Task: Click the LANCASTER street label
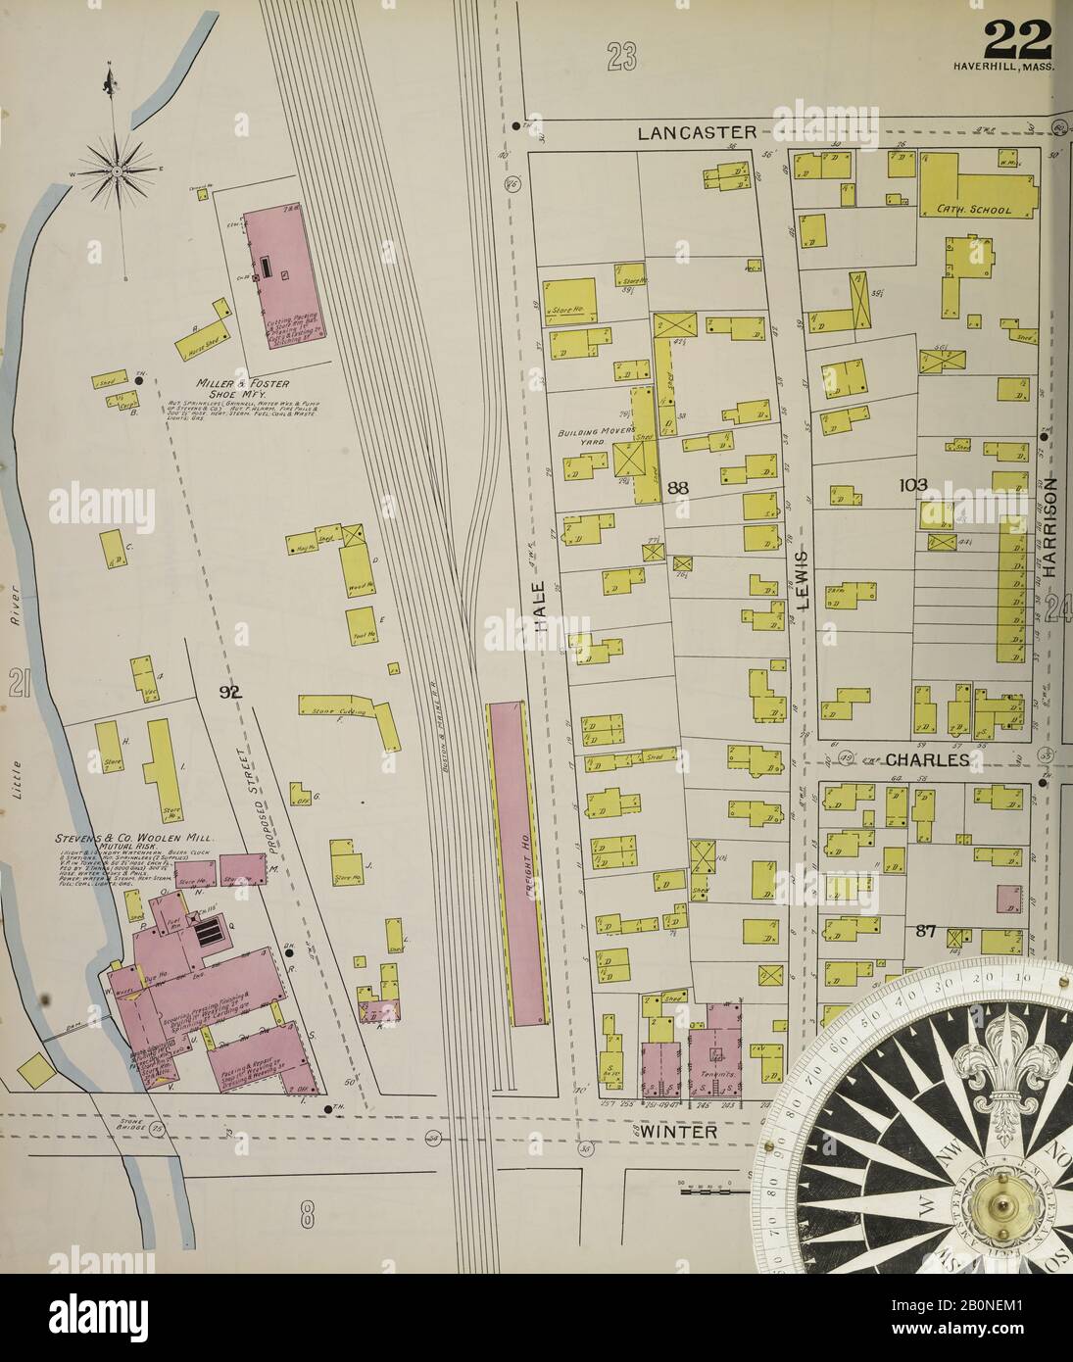[x=697, y=132]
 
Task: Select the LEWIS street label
[x=803, y=580]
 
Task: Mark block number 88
[x=680, y=487]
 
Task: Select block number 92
[x=230, y=693]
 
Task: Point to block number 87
[x=927, y=931]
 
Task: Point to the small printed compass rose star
[x=113, y=172]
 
